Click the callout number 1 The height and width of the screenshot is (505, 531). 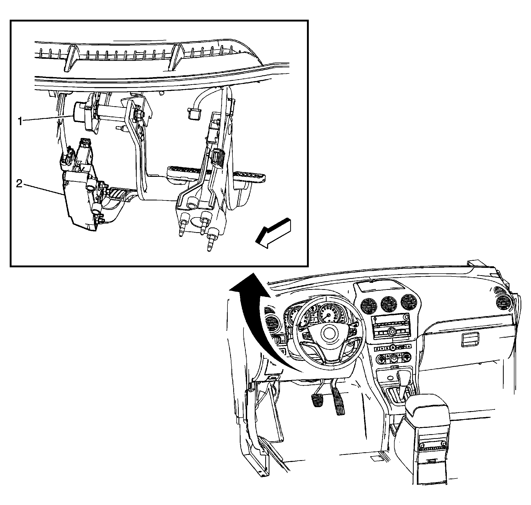click(20, 122)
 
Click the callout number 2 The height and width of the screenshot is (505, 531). click(19, 184)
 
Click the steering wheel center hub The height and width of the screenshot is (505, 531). click(329, 333)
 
